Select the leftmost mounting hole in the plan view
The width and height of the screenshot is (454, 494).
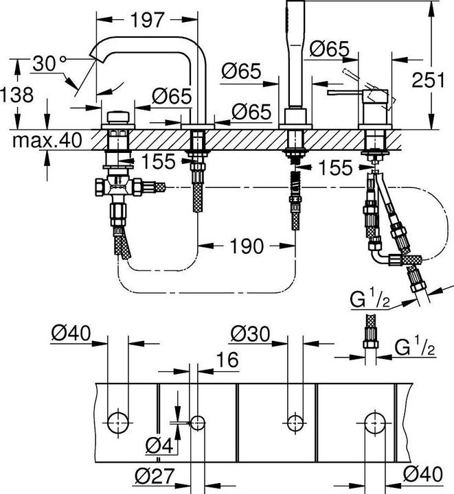click(118, 421)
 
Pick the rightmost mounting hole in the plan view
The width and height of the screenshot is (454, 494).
click(374, 421)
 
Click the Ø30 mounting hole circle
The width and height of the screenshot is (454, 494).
click(295, 421)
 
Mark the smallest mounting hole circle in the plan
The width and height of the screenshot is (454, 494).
click(198, 421)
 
